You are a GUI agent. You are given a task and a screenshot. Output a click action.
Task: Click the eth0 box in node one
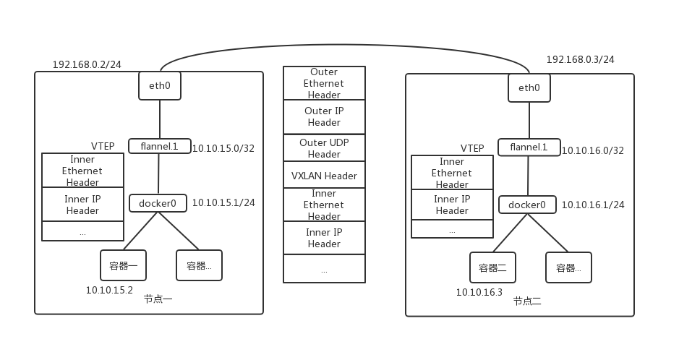click(x=159, y=86)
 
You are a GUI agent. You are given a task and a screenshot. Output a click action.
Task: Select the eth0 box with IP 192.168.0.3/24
click(x=529, y=87)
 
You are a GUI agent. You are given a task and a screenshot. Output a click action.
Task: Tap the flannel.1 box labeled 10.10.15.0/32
click(x=158, y=146)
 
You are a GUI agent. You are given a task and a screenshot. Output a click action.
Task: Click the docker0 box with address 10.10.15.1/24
click(x=158, y=203)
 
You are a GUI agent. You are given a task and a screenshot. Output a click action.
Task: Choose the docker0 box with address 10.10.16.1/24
click(x=527, y=205)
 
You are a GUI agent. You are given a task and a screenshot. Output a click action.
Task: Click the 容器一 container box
click(x=123, y=265)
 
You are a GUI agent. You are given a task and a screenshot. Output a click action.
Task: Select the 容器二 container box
click(x=492, y=267)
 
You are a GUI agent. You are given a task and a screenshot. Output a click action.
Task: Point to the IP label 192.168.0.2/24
click(x=87, y=64)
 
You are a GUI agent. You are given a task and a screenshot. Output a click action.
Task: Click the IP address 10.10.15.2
click(x=109, y=290)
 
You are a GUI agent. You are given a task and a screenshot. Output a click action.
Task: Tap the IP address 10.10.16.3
click(x=479, y=292)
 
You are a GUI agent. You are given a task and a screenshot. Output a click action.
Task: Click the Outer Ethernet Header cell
click(x=324, y=83)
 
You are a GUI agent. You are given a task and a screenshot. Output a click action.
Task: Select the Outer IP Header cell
click(x=324, y=116)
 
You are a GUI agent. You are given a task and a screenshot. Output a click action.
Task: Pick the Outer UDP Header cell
click(x=324, y=148)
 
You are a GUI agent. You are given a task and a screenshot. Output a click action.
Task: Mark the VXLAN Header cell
click(x=324, y=176)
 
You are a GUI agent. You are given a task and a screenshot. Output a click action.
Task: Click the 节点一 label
click(x=158, y=299)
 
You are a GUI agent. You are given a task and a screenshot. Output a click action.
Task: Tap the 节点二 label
click(x=527, y=301)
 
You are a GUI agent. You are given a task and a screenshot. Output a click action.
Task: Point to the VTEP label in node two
click(x=472, y=148)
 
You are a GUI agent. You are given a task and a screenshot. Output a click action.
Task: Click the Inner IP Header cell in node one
click(x=82, y=205)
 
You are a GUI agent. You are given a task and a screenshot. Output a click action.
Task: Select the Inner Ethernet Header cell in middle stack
click(x=324, y=205)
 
